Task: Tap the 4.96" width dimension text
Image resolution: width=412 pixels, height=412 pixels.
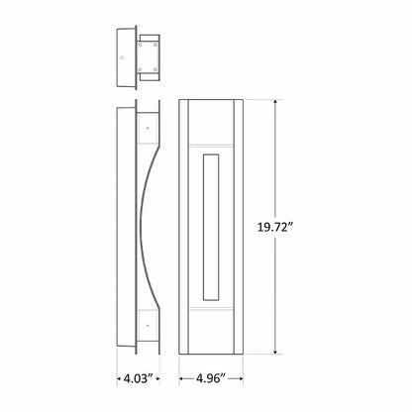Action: [215, 377]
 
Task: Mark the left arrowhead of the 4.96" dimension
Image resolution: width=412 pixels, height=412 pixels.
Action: [182, 377]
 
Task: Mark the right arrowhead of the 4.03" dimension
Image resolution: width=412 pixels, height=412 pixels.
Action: [158, 377]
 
